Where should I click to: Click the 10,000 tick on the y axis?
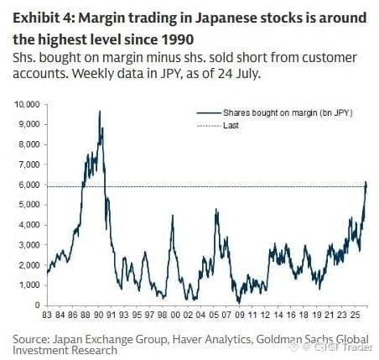(27, 104)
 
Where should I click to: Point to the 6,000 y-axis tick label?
(29, 185)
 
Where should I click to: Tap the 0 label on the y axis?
(37, 305)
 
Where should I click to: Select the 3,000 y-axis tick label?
(29, 245)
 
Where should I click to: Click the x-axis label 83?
(47, 315)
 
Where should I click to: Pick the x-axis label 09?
(239, 315)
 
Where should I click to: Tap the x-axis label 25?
(355, 315)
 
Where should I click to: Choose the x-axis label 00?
(175, 315)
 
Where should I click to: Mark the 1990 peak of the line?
(100, 111)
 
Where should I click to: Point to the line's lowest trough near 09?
(239, 303)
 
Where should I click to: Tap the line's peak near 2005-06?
(216, 209)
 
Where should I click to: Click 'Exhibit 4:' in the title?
(44, 18)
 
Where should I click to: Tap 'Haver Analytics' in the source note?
(211, 340)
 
